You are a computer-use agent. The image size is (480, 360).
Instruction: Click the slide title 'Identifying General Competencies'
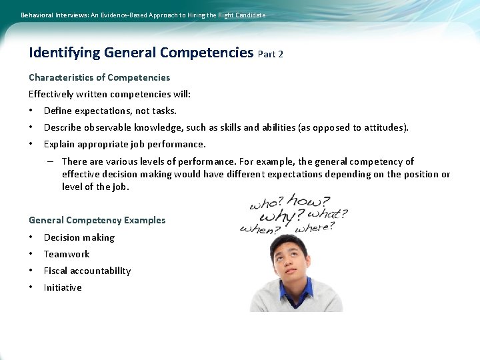coord(141,53)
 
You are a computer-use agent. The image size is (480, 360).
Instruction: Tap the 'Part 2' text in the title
coord(270,54)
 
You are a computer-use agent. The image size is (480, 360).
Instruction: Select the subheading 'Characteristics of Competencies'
coord(99,77)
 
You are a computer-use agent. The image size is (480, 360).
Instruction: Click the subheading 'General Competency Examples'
coord(97,220)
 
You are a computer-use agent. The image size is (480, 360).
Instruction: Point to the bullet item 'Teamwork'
coord(67,254)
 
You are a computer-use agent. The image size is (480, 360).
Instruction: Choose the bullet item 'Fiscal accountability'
coord(87,271)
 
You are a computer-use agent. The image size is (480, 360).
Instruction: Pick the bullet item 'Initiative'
coord(63,287)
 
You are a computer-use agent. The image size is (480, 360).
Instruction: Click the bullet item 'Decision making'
coord(79,237)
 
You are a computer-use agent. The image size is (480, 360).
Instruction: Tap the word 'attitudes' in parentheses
coord(383,127)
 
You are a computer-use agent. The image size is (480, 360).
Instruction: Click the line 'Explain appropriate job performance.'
coord(125,144)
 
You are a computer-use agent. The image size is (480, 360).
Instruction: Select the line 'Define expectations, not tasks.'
coord(110,111)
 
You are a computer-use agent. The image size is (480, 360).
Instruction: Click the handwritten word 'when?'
coord(261,229)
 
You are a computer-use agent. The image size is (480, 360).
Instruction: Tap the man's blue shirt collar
coord(296,291)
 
